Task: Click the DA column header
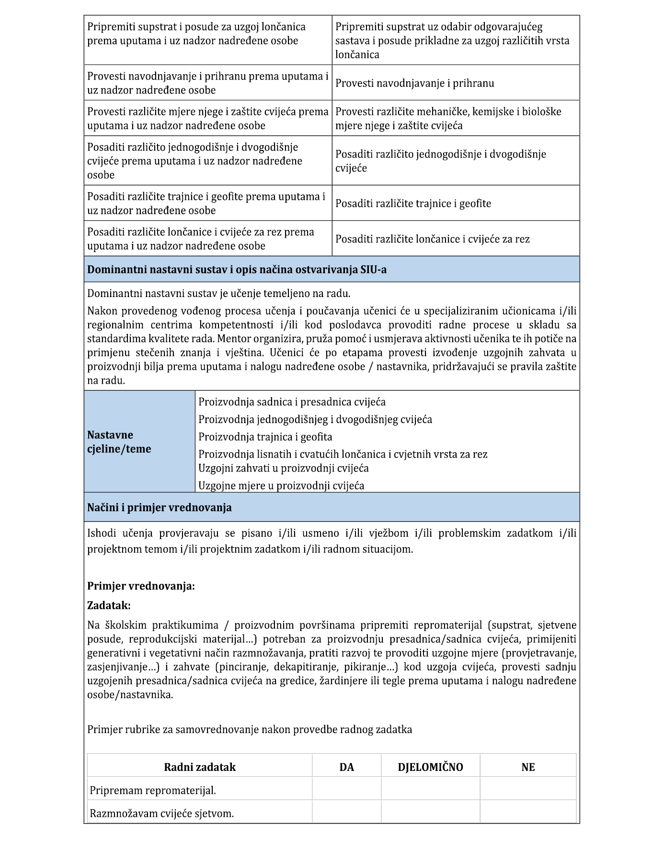[x=346, y=767]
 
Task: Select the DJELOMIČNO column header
[x=430, y=767]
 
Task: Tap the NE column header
[x=528, y=767]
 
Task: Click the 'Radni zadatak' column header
[x=200, y=767]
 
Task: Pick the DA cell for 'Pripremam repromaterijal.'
[x=346, y=790]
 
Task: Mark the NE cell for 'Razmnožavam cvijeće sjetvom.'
[x=528, y=813]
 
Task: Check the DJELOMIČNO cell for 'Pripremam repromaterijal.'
[x=430, y=790]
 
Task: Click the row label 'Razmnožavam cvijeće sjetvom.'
[x=162, y=813]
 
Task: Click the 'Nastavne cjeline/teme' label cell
[x=119, y=442]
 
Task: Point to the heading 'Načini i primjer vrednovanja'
[x=159, y=507]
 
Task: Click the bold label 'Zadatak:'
[x=109, y=605]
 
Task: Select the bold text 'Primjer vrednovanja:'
[x=141, y=586]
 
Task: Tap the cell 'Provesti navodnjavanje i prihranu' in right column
[x=414, y=83]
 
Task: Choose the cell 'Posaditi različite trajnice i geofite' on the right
[x=413, y=204]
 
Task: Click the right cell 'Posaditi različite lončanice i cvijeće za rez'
[x=432, y=239]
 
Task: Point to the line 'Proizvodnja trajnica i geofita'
[x=265, y=437]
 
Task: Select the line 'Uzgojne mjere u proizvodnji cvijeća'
[x=281, y=486]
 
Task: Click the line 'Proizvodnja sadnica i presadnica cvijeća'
[x=292, y=402]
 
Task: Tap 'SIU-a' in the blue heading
[x=373, y=270]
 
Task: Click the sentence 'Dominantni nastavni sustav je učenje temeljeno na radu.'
[x=218, y=293]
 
